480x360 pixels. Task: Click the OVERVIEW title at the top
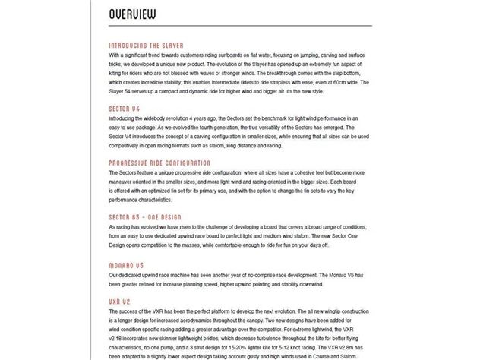click(133, 14)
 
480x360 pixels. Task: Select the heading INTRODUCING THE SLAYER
click(147, 46)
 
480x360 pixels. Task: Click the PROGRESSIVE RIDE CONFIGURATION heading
click(159, 163)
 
